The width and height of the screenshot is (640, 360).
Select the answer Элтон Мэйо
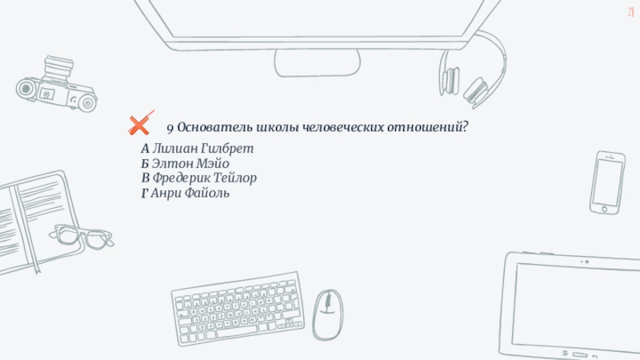pos(190,163)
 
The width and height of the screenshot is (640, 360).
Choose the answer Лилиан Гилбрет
pos(203,149)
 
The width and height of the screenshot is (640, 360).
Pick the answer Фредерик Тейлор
pos(205,178)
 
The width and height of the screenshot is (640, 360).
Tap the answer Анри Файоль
pos(190,193)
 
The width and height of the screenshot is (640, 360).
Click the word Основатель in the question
pos(214,127)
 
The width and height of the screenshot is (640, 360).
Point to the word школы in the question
pos(277,127)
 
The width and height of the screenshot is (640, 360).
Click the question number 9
pos(170,129)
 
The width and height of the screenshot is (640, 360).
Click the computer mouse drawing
pos(328,314)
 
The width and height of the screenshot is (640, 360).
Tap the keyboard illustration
pos(238,309)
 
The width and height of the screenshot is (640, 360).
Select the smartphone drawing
pos(607,182)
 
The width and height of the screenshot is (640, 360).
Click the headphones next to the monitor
pos(473,70)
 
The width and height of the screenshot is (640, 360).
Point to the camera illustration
pos(56,84)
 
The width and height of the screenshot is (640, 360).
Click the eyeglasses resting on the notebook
pos(82,237)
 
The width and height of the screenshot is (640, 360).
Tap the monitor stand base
pos(317,63)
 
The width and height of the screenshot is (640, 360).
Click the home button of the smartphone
pos(605,210)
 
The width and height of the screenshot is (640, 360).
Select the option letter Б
pos(145,164)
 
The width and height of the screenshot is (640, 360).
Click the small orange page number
pos(631,12)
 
